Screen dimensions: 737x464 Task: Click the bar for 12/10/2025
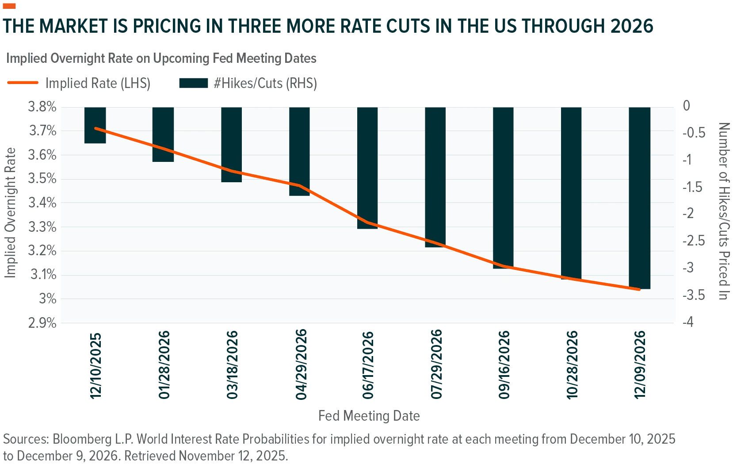[95, 125]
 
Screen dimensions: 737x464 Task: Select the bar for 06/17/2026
[367, 168]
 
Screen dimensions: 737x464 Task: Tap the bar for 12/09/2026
[640, 198]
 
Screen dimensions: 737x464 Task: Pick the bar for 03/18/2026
[231, 145]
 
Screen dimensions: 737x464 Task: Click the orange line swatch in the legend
[23, 83]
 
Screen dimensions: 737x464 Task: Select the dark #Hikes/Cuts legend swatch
[194, 83]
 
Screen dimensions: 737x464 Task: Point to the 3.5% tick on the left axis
[42, 179]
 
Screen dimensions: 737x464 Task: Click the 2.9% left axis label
[42, 323]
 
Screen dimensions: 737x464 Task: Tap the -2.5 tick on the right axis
[694, 241]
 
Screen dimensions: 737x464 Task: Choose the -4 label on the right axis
[688, 322]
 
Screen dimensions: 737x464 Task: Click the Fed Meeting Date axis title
[369, 416]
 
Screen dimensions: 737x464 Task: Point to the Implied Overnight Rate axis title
[10, 213]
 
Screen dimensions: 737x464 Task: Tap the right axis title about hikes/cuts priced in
[724, 211]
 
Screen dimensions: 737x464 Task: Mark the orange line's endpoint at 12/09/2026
[639, 290]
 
